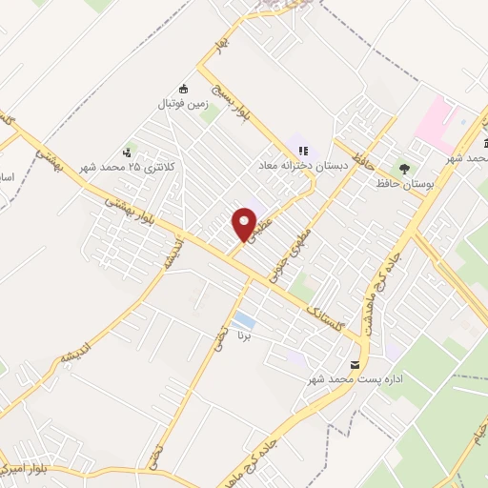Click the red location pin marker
pyautogui.click(x=245, y=225)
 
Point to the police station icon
pyautogui.click(x=127, y=152)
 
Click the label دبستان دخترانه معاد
pyautogui.click(x=296, y=165)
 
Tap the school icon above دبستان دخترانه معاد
pyautogui.click(x=303, y=150)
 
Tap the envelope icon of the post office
pyautogui.click(x=356, y=365)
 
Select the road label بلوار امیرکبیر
pyautogui.click(x=21, y=469)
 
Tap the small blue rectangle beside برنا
pyautogui.click(x=244, y=319)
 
